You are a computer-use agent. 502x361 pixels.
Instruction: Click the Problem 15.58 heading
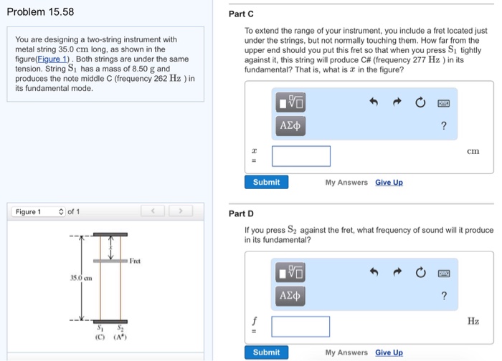click(40, 12)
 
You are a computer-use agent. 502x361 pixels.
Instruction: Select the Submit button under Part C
click(266, 183)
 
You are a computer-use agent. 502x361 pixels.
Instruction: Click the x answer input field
click(301, 156)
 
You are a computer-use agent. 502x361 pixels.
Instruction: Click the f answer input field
click(301, 327)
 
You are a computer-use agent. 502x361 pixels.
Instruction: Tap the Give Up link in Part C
click(389, 183)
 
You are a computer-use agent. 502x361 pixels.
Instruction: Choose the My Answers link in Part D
click(346, 352)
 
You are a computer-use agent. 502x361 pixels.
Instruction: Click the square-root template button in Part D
click(290, 272)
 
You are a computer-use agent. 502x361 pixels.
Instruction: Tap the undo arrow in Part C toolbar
click(373, 103)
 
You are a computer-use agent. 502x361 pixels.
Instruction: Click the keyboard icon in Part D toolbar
click(445, 272)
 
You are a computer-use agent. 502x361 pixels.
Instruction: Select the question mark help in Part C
click(444, 126)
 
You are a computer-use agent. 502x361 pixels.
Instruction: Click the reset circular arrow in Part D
click(420, 272)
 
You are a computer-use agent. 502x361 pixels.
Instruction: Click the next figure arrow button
click(181, 212)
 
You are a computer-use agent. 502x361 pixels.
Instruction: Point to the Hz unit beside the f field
click(473, 321)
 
